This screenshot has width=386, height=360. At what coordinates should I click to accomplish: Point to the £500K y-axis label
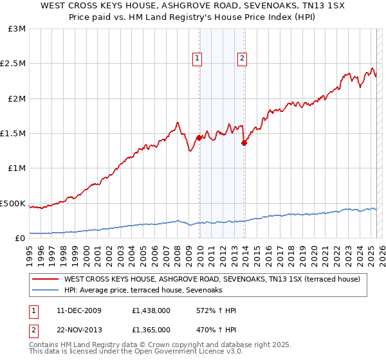coord(13,203)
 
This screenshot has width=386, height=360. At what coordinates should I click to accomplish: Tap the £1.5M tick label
coord(13,134)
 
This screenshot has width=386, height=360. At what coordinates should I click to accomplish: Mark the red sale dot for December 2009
coord(199,138)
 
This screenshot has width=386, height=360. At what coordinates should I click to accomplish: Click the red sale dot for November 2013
coord(244,143)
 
